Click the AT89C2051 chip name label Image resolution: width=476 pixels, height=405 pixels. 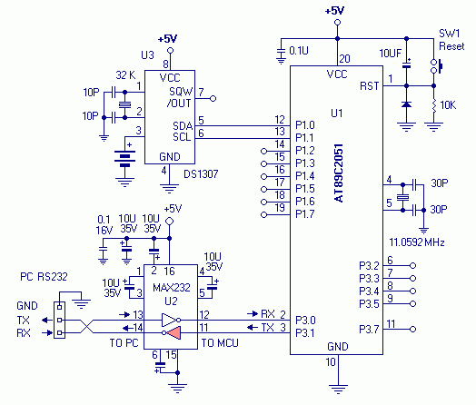click(339, 173)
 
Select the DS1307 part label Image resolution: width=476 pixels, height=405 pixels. click(201, 174)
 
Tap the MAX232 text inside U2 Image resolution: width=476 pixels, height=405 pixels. click(171, 287)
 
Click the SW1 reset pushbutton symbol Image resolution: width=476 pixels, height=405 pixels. click(436, 66)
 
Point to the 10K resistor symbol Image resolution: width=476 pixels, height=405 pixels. click(434, 105)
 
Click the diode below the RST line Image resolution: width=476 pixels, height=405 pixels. click(406, 104)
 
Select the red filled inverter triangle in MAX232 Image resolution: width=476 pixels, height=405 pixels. click(174, 332)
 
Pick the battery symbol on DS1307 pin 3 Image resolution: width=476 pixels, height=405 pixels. click(124, 158)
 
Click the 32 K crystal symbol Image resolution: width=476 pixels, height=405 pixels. click(124, 104)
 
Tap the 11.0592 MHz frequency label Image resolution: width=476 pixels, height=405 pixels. click(417, 242)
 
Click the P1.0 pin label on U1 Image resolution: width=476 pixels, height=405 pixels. click(305, 125)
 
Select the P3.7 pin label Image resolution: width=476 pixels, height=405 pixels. click(369, 329)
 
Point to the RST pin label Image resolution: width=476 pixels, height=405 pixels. click(370, 86)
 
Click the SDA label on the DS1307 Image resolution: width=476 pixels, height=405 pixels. click(183, 125)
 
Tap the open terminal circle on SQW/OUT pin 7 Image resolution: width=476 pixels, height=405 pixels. click(213, 99)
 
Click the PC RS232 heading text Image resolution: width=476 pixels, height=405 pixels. click(44, 277)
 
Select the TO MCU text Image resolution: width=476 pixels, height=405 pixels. click(220, 343)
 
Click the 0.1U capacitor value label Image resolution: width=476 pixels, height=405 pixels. click(299, 51)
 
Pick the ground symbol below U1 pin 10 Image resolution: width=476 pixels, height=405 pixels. click(338, 389)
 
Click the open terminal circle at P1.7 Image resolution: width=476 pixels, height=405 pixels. click(263, 215)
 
